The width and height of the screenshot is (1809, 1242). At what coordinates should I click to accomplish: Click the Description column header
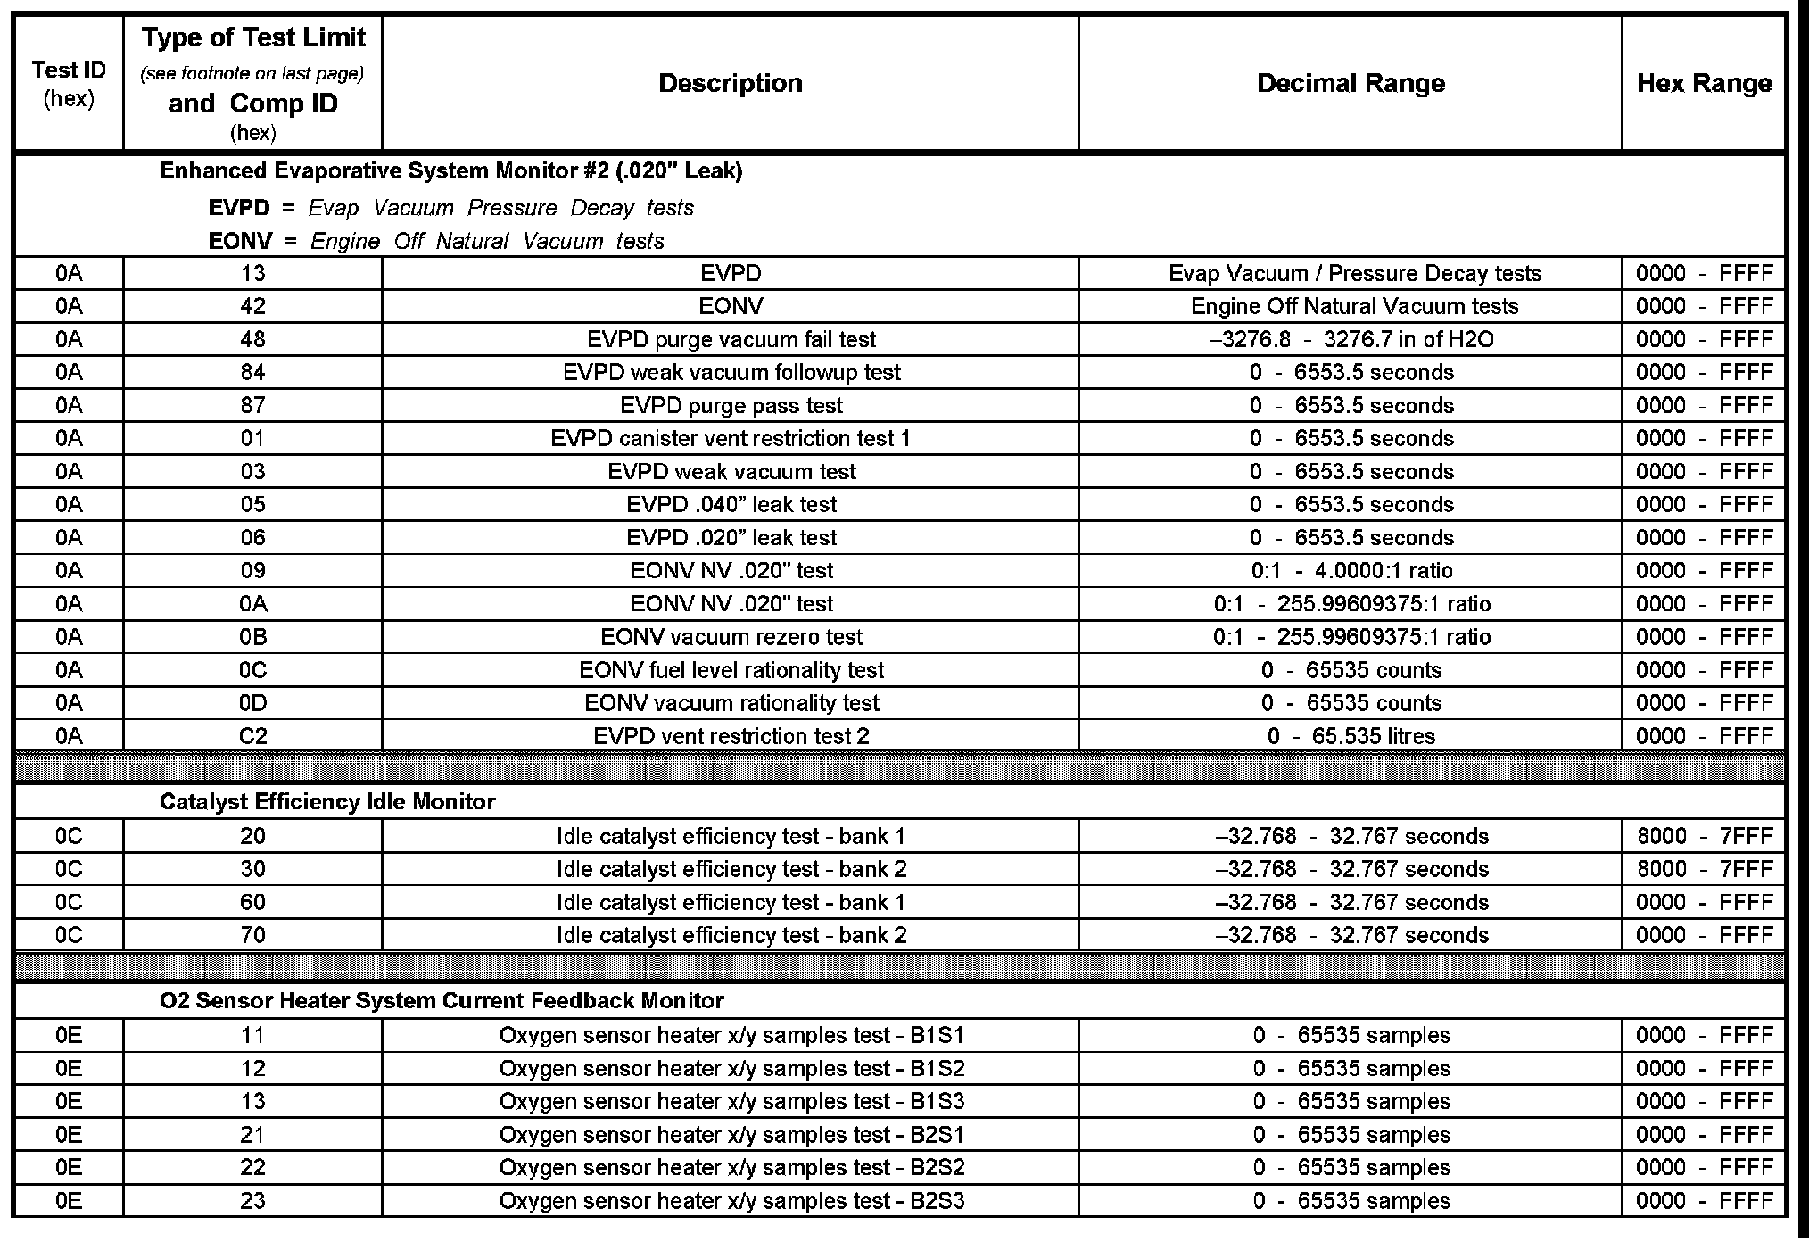[x=730, y=83]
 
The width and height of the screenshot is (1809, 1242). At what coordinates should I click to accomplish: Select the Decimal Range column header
[x=1350, y=83]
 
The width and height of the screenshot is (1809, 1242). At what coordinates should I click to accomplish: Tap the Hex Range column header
[x=1704, y=83]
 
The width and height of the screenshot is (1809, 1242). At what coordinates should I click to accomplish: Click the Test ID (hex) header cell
[x=69, y=83]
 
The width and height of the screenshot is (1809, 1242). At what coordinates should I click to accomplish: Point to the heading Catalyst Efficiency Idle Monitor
[x=327, y=801]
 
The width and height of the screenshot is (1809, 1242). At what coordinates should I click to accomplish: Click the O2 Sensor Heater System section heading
[x=442, y=1000]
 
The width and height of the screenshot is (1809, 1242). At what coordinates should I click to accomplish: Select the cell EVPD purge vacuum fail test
[x=731, y=339]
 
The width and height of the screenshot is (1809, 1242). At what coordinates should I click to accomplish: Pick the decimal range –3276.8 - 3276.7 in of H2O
[x=1350, y=339]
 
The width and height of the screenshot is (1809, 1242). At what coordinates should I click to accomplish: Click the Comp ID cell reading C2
[x=252, y=736]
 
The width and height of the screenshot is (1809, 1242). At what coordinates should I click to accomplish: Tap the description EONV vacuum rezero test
[x=731, y=637]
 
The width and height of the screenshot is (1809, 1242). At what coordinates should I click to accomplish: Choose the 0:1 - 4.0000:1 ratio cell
[x=1350, y=570]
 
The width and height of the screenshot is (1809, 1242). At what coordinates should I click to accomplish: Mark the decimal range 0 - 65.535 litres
[x=1350, y=736]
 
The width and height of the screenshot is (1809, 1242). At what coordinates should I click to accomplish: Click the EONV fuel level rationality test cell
[x=731, y=670]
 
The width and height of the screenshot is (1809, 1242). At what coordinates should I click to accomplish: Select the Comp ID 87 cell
[x=252, y=405]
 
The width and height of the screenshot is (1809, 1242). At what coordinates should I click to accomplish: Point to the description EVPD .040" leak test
[x=731, y=504]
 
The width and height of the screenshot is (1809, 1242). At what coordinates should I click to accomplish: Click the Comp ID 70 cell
[x=252, y=935]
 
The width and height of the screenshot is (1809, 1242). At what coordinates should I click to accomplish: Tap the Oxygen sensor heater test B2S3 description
[x=731, y=1201]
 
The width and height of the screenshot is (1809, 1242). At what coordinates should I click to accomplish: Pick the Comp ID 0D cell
[x=252, y=703]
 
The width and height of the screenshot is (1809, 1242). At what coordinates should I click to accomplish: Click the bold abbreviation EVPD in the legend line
[x=238, y=208]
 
